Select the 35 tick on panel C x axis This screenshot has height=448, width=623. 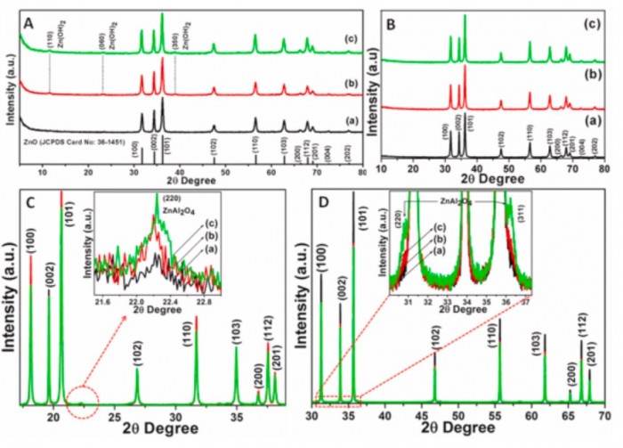tap(237, 416)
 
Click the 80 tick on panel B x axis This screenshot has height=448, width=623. tap(604, 167)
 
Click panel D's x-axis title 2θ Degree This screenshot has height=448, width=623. tap(458, 436)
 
